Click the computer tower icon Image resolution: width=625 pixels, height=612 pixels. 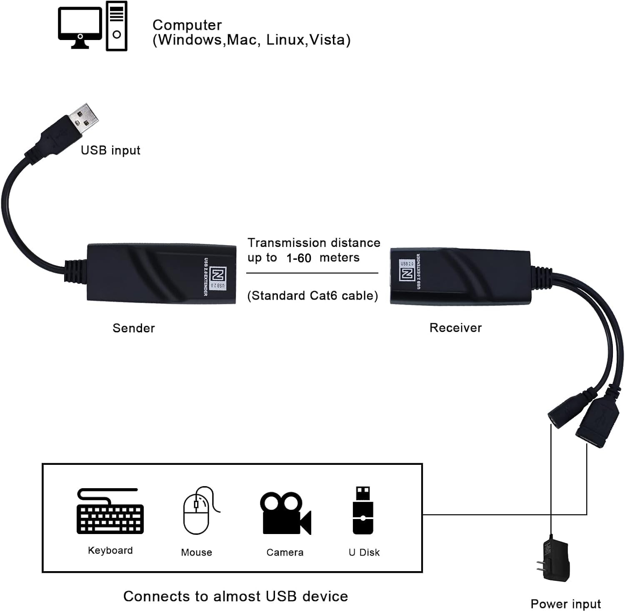point(117,26)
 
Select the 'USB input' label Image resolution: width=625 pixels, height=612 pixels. point(110,150)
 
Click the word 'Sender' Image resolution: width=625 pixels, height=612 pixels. point(134,328)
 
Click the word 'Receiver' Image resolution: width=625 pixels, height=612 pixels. point(455,328)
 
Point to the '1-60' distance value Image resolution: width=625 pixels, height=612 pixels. point(299,258)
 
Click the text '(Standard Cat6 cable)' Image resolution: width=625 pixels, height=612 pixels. point(312,296)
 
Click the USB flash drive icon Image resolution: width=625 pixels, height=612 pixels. point(363,511)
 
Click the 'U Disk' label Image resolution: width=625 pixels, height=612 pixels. point(364,552)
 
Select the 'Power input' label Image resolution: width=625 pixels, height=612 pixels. point(565,604)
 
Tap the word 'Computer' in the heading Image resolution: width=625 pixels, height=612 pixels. point(187,25)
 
